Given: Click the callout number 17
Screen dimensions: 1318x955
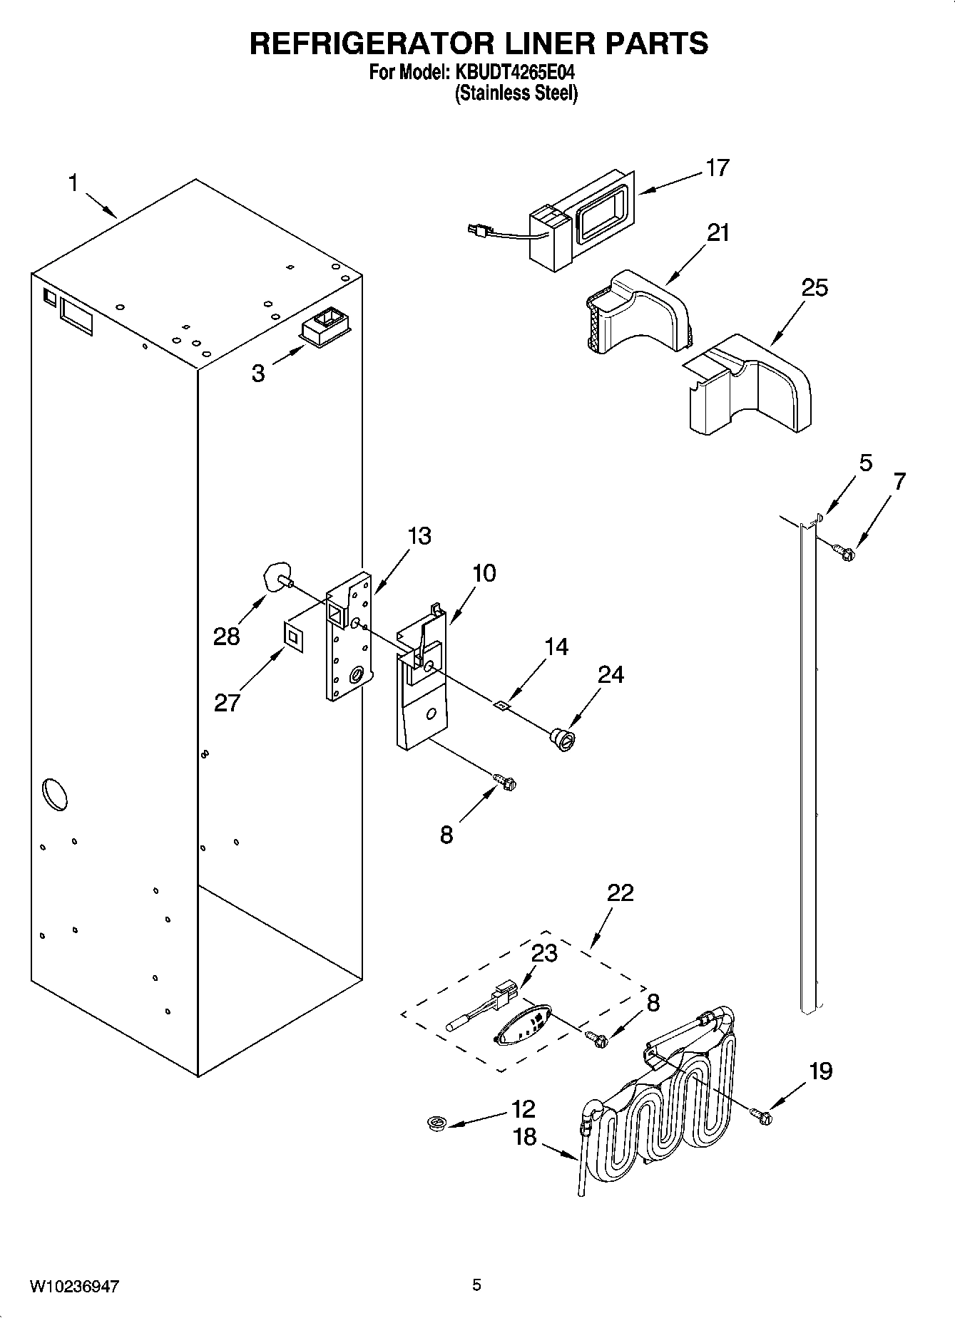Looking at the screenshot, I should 717,168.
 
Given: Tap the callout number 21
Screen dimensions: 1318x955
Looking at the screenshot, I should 717,233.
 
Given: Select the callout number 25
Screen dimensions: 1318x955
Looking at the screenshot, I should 814,288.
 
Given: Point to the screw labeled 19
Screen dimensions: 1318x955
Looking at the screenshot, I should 761,1116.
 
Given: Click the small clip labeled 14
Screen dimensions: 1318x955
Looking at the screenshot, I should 502,705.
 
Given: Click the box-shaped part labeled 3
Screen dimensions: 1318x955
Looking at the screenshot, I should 325,329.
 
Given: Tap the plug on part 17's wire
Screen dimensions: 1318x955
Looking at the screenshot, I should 473,230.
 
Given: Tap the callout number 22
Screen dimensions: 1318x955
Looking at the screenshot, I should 620,893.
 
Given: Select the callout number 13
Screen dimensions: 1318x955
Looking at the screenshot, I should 419,536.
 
